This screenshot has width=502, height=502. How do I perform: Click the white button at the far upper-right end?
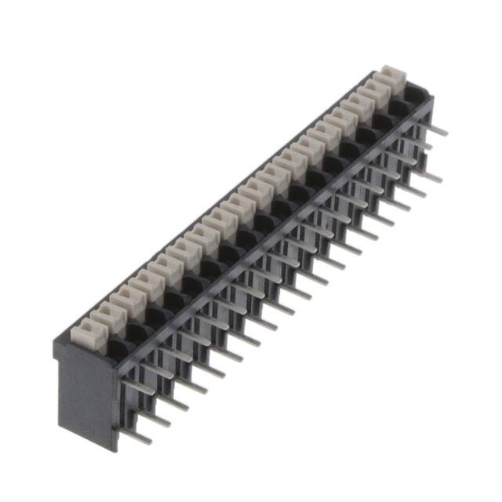pos(391,78)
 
